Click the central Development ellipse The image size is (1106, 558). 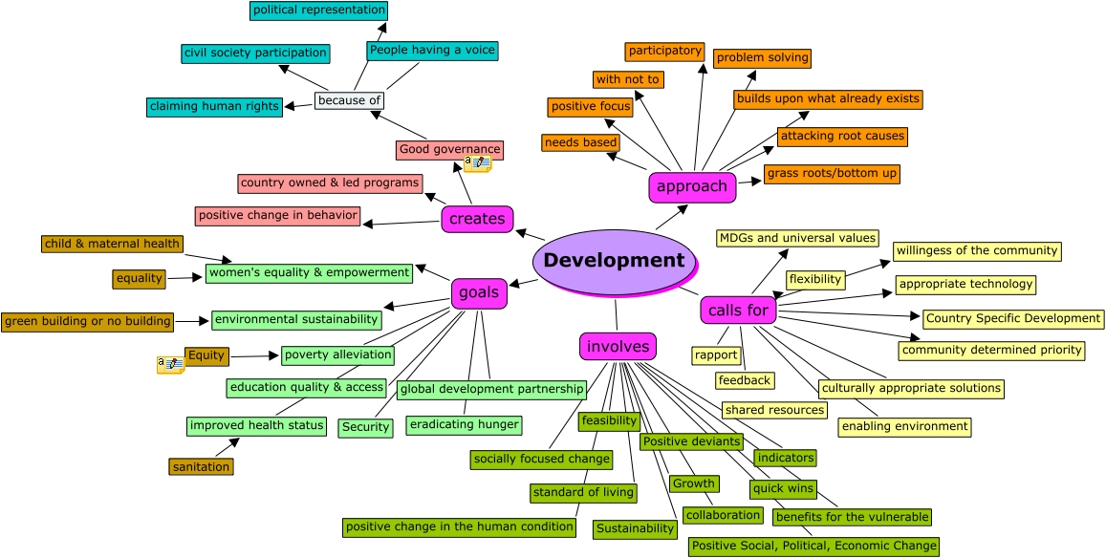click(613, 261)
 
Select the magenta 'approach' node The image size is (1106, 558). click(692, 187)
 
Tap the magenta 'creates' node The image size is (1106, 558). click(477, 219)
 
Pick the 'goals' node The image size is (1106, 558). click(479, 293)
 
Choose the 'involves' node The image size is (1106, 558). click(618, 346)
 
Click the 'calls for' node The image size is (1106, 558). click(738, 311)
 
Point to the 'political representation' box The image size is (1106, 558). click(318, 11)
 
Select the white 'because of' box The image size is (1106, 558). click(349, 100)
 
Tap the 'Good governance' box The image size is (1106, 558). click(449, 150)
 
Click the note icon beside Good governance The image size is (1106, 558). click(477, 164)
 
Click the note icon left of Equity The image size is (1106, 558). click(170, 365)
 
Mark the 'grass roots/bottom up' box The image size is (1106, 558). click(832, 174)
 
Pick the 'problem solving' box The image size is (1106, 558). click(762, 58)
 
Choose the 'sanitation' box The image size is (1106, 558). click(201, 467)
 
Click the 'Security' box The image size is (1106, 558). click(365, 428)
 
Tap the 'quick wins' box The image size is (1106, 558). click(783, 489)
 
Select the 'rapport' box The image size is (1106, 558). click(716, 355)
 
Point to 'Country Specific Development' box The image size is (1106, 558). click(1012, 318)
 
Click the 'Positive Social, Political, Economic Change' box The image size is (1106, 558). click(813, 547)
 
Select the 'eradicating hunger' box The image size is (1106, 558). click(464, 424)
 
